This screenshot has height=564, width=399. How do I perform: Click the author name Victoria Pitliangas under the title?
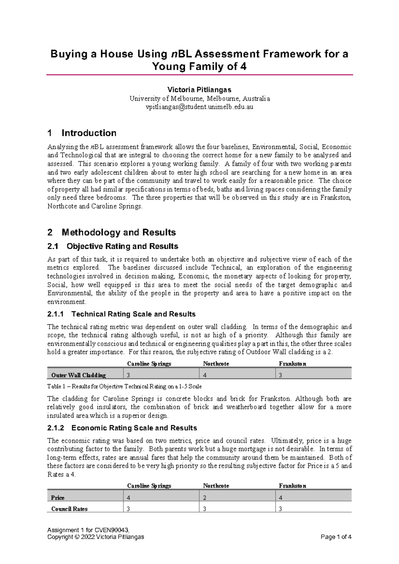199,90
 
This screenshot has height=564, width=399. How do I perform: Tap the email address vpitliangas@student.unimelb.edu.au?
199,107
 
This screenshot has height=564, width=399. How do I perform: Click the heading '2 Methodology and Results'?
112,232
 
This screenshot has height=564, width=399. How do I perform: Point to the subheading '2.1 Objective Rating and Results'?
113,246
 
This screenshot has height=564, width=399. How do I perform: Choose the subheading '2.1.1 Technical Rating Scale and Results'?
121,314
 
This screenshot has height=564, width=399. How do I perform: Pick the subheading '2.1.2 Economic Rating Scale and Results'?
122,428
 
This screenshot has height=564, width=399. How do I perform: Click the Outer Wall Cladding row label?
78,375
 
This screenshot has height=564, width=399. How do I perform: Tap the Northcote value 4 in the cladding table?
205,375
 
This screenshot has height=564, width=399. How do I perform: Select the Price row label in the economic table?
58,498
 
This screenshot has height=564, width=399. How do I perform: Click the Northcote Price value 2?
205,498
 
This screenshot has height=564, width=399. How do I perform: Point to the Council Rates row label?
69,509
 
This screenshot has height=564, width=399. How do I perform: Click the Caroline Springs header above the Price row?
149,486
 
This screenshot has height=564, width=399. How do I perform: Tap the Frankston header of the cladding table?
293,364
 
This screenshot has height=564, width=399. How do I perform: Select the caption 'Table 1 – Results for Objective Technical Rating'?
124,387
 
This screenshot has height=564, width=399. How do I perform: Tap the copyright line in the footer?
96,537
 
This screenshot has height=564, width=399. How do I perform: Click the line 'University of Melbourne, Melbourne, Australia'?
199,99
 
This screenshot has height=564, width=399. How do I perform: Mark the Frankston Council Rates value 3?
281,509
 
